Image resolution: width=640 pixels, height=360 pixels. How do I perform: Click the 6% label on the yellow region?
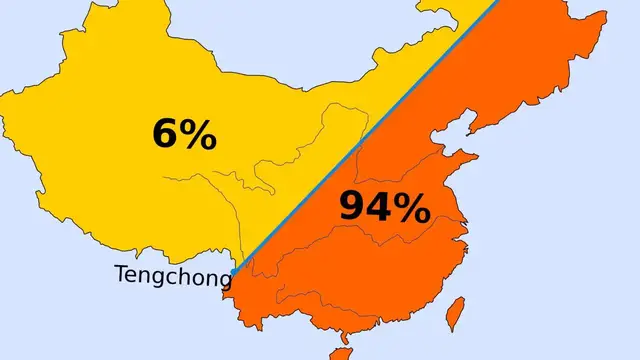click(184, 135)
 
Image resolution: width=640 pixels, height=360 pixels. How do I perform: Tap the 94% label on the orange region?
click(385, 207)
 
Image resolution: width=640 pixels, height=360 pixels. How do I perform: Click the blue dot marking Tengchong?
click(233, 271)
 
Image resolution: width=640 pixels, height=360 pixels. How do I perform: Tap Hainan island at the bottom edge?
click(341, 353)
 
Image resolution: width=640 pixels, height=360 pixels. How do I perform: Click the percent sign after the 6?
click(198, 135)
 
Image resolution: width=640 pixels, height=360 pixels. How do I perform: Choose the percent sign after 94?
click(412, 207)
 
